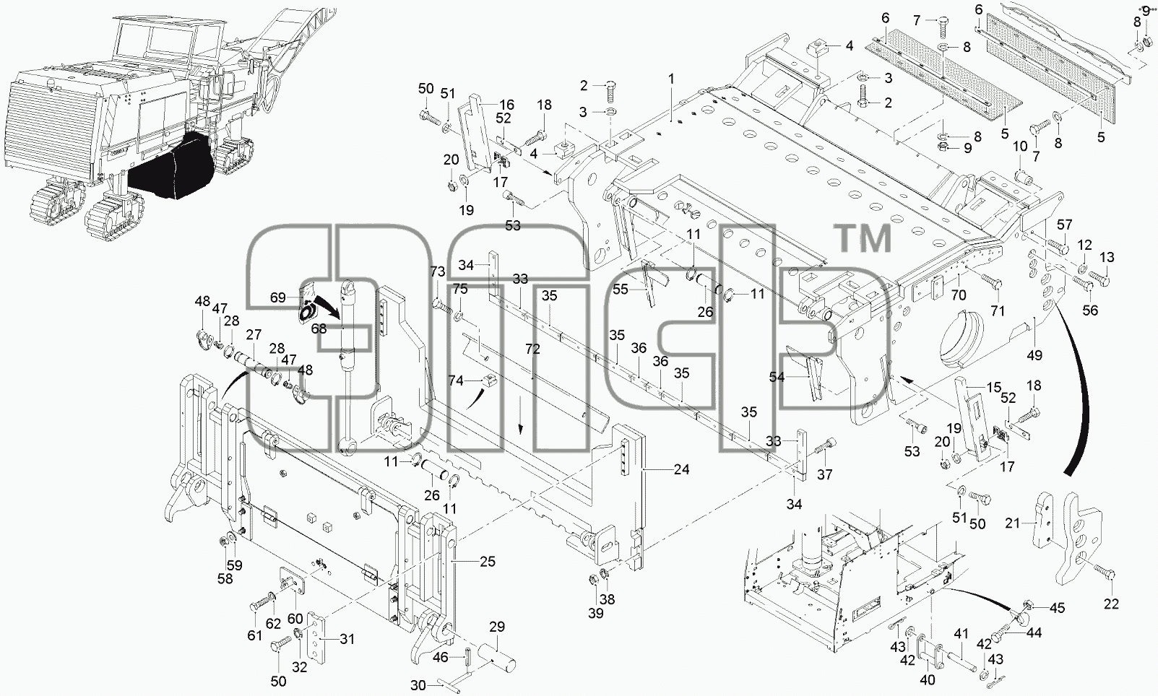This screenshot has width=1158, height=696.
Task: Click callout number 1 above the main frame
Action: pos(671,79)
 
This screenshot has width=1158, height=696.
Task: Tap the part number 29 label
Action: pos(497,627)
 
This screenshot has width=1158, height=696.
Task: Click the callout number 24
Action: pos(682,469)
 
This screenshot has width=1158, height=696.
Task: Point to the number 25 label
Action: pos(488,561)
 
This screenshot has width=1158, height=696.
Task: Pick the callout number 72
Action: pos(532,349)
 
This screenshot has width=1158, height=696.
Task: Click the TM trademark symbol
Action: pos(865,238)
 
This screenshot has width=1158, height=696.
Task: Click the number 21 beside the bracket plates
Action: pos(1013,523)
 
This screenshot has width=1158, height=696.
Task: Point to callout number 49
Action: pos(1034,355)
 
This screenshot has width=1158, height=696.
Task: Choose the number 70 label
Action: pos(959,295)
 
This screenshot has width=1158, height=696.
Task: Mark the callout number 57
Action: pos(1064,225)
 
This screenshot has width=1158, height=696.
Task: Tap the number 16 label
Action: pos(506,104)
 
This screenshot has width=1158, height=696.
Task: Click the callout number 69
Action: pos(278,297)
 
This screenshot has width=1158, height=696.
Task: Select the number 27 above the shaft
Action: pos(254,334)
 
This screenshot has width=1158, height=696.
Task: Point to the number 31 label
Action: pos(347,639)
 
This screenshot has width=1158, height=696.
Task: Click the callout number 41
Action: pos(961,632)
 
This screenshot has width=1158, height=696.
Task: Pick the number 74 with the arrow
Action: pos(456,380)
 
